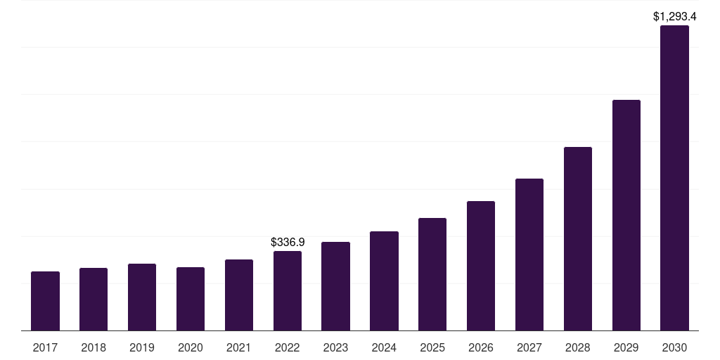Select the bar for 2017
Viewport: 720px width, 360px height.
[45, 301]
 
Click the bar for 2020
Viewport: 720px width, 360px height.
[191, 299]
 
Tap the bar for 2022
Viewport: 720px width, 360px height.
[288, 290]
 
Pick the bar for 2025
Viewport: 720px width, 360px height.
[432, 274]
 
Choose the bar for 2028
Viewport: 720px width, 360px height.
[578, 239]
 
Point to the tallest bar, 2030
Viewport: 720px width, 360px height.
[674, 178]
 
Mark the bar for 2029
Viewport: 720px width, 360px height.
[626, 215]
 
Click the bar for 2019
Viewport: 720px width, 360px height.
[142, 297]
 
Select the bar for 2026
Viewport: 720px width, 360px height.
[481, 266]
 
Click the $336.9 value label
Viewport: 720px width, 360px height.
[288, 242]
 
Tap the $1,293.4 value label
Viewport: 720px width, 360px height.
[674, 17]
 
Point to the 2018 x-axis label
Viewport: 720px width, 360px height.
[94, 347]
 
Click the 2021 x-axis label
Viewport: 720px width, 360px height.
[239, 347]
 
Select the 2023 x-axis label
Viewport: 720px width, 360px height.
[335, 347]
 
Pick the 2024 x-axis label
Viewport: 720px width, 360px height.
[384, 347]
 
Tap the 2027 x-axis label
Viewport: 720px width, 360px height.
[529, 347]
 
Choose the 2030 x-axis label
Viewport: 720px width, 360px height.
[674, 347]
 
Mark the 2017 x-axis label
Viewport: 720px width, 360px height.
[45, 347]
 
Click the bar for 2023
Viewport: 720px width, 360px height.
[335, 286]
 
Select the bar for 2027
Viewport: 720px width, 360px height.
[529, 255]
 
